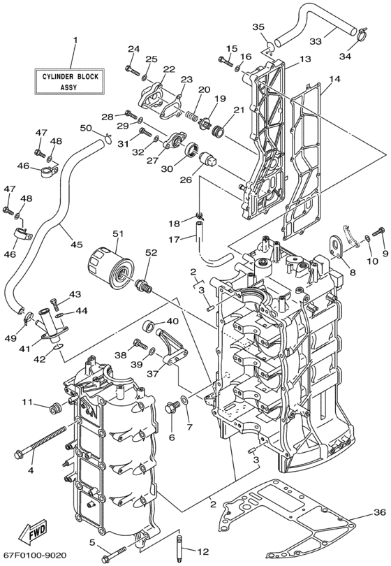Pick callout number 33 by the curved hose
[316, 41]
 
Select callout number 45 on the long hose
[76, 245]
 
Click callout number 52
[151, 252]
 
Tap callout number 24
[133, 48]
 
